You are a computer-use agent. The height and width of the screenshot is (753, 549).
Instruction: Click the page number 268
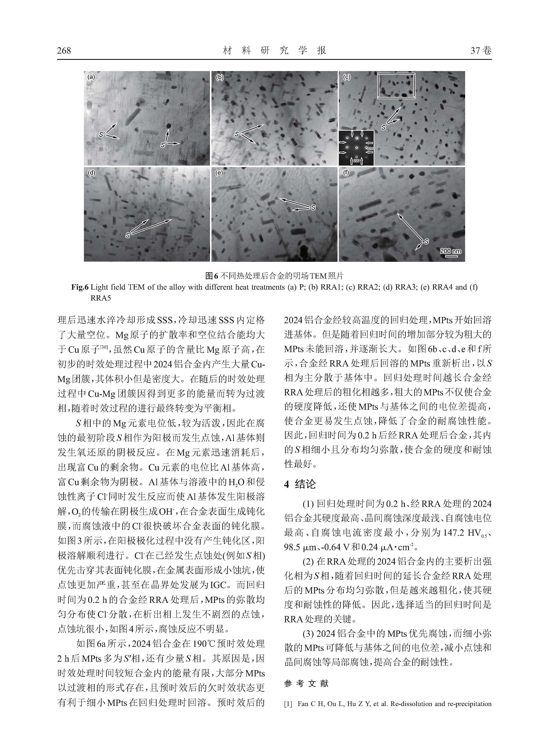point(64,51)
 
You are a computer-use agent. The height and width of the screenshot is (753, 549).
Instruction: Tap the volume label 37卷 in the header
point(481,51)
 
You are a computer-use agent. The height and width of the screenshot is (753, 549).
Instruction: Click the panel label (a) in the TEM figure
point(91,77)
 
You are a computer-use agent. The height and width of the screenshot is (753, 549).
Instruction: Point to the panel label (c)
point(347,77)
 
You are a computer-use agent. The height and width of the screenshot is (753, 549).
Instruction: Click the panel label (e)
point(219,173)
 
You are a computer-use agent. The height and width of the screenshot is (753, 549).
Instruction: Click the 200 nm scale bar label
point(450,251)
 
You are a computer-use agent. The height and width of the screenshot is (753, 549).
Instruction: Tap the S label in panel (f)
point(426,241)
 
